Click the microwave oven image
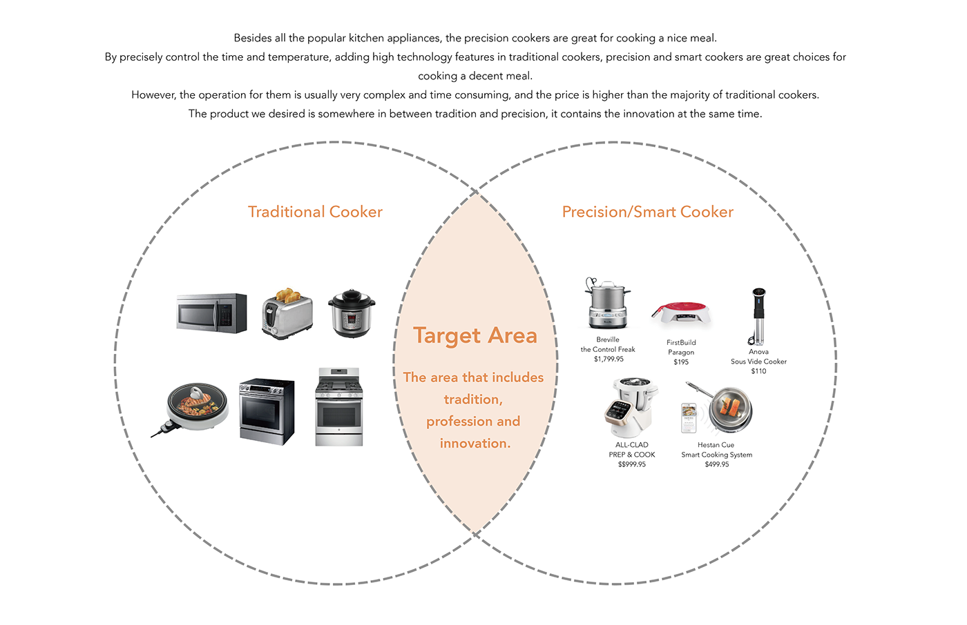[211, 313]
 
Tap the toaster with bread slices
[287, 315]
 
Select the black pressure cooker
[352, 314]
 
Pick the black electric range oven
[267, 411]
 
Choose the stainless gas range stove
[339, 407]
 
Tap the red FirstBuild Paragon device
[681, 314]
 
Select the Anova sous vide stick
[758, 315]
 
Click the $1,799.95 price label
[609, 359]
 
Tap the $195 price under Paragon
[681, 361]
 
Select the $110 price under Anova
[758, 371]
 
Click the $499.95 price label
[717, 464]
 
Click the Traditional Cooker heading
[315, 212]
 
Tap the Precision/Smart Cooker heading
[647, 212]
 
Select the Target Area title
[475, 335]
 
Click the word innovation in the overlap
[475, 444]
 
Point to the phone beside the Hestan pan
[689, 418]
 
